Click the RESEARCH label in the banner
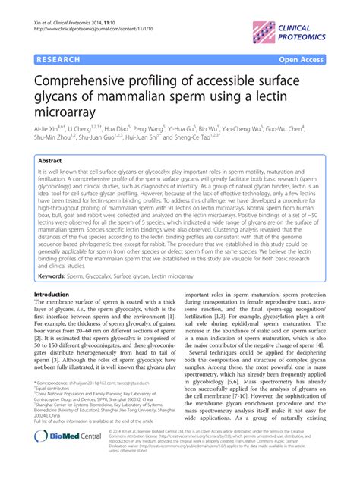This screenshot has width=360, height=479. [58, 58]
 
